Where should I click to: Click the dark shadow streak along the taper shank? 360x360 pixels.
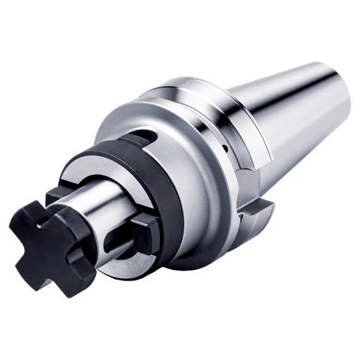(x=300, y=127)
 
